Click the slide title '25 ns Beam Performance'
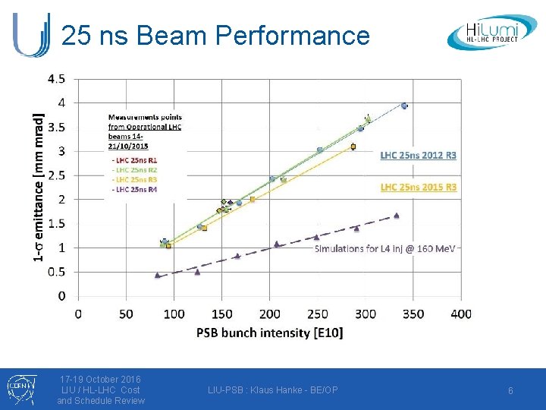pyautogui.click(x=215, y=36)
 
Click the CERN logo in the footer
pyautogui.click(x=17, y=389)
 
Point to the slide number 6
pyautogui.click(x=510, y=390)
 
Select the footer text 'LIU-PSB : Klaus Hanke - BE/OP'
pyautogui.click(x=273, y=390)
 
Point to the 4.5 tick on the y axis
pyautogui.click(x=57, y=78)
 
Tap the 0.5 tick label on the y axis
pyautogui.click(x=57, y=272)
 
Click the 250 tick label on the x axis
pyautogui.click(x=317, y=314)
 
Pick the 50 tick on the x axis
pyautogui.click(x=126, y=314)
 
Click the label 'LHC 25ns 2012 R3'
pyautogui.click(x=418, y=155)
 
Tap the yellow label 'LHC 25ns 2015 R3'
pyautogui.click(x=418, y=187)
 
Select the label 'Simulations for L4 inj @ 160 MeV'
pyautogui.click(x=384, y=248)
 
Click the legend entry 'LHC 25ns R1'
pyautogui.click(x=135, y=160)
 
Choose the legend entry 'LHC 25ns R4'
pyautogui.click(x=135, y=189)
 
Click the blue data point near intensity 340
pyautogui.click(x=404, y=106)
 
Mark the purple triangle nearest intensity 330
pyautogui.click(x=396, y=216)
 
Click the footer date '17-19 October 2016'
pyautogui.click(x=100, y=379)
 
